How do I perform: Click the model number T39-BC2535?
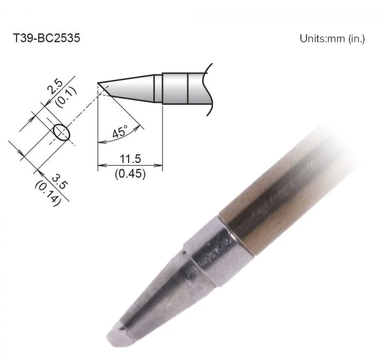pos(46,38)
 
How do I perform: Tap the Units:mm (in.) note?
pos(332,38)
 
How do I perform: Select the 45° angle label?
pos(120,131)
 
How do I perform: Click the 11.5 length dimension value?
pos(130,158)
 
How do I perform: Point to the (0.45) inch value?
pos(130,174)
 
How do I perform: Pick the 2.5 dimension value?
pos(55,86)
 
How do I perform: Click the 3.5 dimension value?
pos(59,182)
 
